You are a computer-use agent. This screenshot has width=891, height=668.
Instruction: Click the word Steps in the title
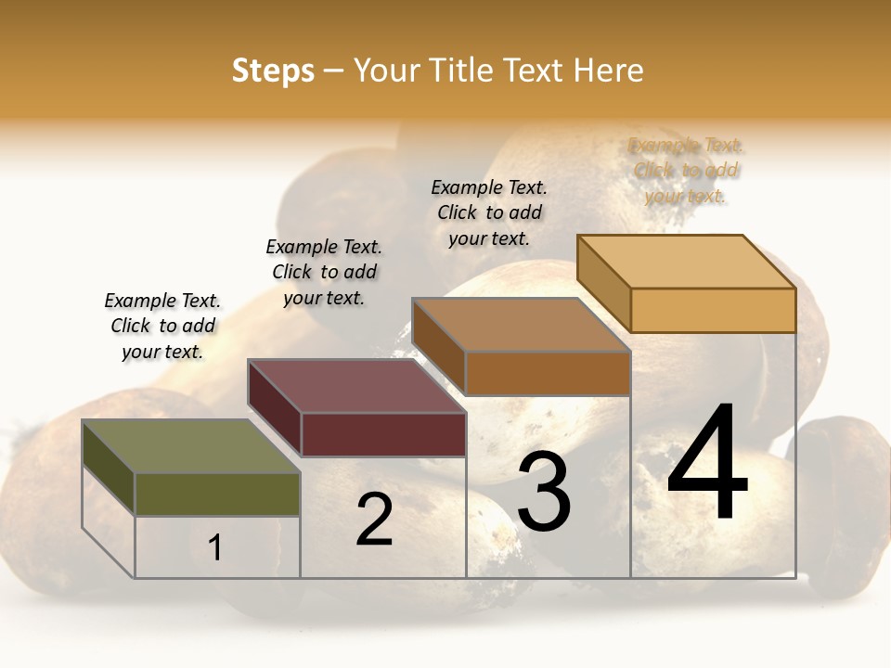(273, 71)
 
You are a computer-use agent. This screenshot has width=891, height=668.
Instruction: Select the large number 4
(707, 464)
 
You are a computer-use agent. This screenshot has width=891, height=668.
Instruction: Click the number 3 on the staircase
(544, 492)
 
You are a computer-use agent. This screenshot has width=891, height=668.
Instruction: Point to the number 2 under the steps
(374, 520)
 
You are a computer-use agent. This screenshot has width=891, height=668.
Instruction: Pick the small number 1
(215, 547)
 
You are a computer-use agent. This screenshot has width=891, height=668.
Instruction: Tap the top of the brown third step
(521, 325)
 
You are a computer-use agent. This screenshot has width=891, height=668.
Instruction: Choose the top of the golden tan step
(687, 262)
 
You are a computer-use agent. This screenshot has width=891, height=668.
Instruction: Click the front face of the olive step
(217, 494)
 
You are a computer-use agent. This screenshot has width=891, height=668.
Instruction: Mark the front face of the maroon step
(383, 434)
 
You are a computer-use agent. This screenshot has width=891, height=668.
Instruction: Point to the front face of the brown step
(548, 373)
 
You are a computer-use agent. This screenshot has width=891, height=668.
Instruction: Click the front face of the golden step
(713, 310)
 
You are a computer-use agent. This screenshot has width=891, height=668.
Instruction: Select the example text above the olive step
(162, 326)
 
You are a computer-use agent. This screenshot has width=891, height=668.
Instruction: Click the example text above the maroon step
(324, 272)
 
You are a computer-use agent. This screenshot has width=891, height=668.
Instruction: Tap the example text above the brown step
(489, 212)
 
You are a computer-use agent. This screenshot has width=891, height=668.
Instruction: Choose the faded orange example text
(686, 171)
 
